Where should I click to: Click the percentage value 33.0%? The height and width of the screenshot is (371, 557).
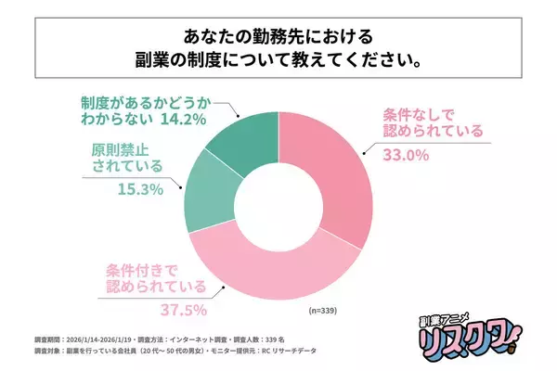(x=406, y=156)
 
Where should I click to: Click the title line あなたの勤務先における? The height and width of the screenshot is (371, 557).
(x=278, y=38)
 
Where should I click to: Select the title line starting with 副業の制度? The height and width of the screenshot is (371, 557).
(x=278, y=65)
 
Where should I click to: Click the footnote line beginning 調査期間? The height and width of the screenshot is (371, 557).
(x=160, y=340)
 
